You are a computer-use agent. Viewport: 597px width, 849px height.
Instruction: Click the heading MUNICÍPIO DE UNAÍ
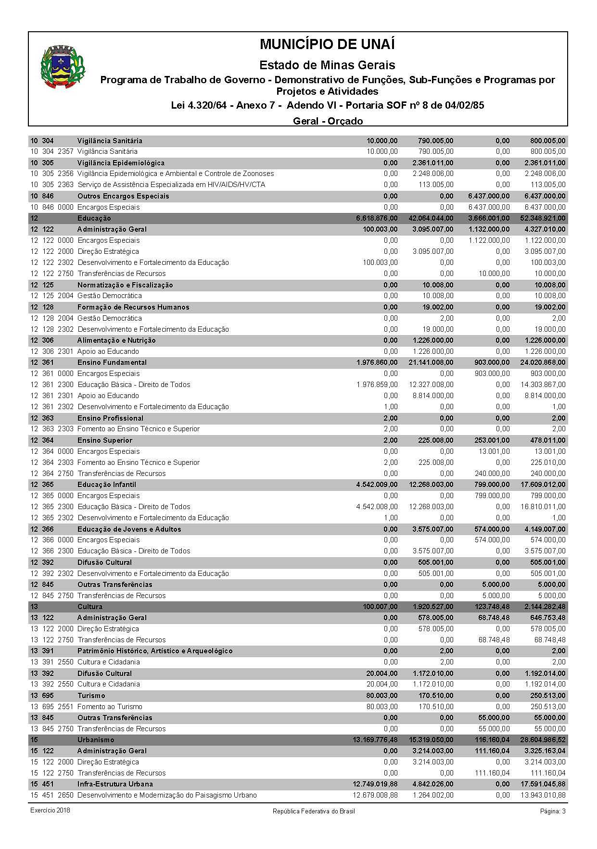(x=327, y=44)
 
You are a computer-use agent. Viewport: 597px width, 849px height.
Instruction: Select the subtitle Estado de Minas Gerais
(x=327, y=65)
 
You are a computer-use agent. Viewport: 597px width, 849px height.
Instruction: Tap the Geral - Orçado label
(x=328, y=121)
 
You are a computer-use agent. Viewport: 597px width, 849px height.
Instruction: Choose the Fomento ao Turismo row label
(x=110, y=707)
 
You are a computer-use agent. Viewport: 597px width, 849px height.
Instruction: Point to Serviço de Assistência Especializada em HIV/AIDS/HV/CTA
(x=171, y=185)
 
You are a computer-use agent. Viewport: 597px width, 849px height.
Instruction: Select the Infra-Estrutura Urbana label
(x=115, y=784)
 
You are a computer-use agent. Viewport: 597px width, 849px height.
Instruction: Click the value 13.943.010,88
(x=543, y=795)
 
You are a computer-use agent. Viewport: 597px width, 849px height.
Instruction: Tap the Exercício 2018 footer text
(x=50, y=811)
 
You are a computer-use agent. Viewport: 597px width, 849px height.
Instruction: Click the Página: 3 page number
(x=553, y=811)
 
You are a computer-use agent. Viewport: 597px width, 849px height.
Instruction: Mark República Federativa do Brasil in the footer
(x=314, y=812)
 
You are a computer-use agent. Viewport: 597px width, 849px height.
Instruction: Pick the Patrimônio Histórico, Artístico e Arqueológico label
(x=155, y=651)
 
